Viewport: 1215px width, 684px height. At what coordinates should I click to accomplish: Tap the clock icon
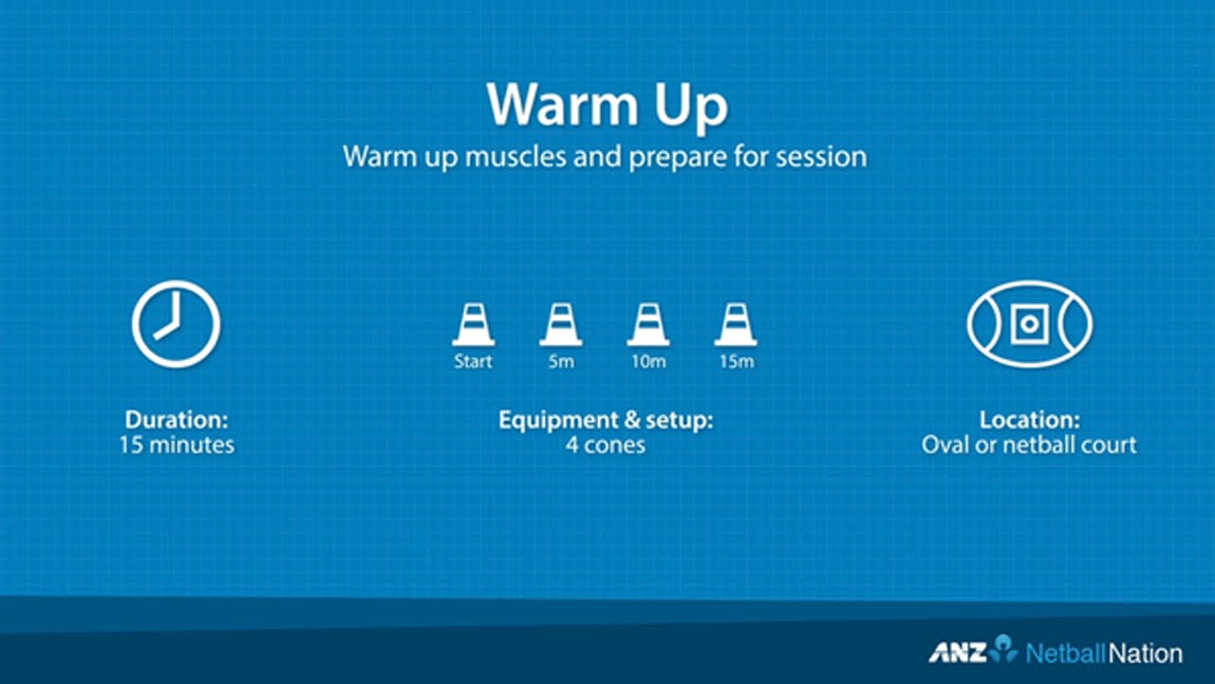(176, 324)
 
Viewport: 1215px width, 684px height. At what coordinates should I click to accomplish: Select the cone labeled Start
(473, 325)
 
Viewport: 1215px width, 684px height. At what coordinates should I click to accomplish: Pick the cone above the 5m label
(561, 325)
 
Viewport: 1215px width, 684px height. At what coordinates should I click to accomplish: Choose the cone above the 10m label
(648, 325)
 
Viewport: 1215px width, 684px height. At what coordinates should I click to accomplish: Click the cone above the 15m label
(736, 325)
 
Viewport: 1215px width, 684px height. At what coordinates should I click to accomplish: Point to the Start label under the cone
(473, 362)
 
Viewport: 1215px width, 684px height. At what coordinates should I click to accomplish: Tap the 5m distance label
(561, 362)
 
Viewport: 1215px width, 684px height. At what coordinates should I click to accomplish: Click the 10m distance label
(648, 362)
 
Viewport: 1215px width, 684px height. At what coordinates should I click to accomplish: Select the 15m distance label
(736, 362)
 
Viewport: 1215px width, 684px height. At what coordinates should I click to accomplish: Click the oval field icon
(1029, 324)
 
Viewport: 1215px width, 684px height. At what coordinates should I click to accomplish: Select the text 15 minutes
(177, 445)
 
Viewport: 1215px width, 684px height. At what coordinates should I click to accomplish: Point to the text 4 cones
(606, 445)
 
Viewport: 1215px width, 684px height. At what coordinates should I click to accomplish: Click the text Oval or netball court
(1029, 445)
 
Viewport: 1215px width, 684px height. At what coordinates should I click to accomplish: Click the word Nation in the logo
(1146, 654)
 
